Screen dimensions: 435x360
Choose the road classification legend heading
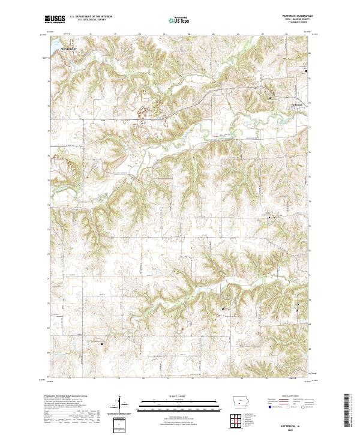pyautogui.click(x=291, y=397)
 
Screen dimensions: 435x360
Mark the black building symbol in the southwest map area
pyautogui.click(x=101, y=344)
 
